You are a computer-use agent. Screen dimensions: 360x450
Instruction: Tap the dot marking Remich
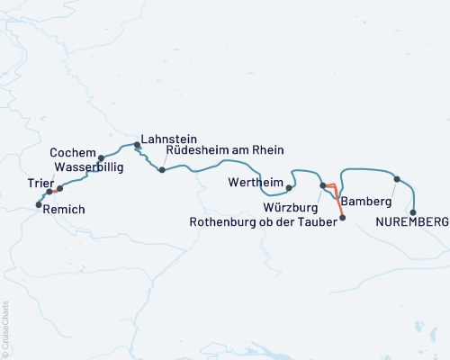38,205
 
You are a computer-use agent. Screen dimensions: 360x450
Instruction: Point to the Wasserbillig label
88,166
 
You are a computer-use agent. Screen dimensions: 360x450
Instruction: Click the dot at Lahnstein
137,144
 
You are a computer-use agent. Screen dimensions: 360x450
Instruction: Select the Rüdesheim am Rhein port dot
161,169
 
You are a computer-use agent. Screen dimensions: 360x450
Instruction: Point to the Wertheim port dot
289,188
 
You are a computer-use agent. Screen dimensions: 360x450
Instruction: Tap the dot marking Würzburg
322,185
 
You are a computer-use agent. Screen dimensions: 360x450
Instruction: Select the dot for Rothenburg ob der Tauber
341,218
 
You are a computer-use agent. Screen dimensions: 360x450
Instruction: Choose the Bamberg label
365,202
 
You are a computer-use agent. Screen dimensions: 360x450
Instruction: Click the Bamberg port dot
397,179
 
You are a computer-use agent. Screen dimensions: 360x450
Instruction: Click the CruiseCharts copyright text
5,328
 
